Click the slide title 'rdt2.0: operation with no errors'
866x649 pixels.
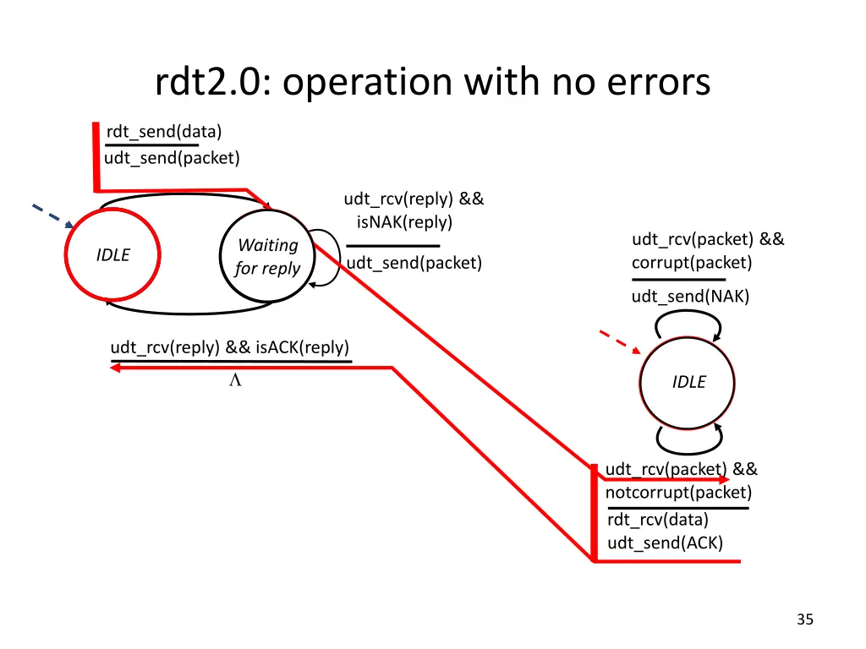tap(432, 82)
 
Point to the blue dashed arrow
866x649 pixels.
tap(53, 215)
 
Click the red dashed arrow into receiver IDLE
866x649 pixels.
tap(620, 341)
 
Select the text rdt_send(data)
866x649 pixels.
tap(164, 132)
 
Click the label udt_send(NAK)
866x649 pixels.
tap(690, 297)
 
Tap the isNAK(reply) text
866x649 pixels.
tap(404, 222)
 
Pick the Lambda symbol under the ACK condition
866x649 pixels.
tap(235, 379)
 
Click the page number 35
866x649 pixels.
tap(805, 619)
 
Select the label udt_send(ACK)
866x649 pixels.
tap(665, 543)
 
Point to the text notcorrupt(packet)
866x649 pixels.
tap(678, 493)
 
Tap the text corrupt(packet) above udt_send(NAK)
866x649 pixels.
tap(692, 262)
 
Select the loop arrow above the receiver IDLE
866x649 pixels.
tap(688, 312)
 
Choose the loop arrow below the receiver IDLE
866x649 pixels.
tap(689, 453)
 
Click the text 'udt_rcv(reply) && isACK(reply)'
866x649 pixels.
tap(230, 347)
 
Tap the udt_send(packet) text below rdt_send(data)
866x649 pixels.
tap(172, 158)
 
